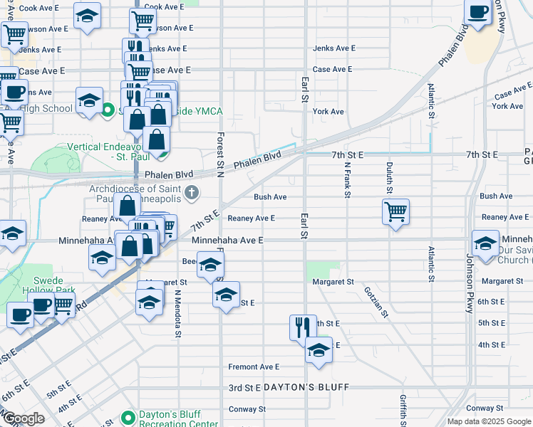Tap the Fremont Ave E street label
click(254, 367)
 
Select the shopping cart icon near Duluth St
click(395, 211)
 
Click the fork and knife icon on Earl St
click(303, 327)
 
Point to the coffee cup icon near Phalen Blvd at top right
click(478, 11)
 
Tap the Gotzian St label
click(375, 302)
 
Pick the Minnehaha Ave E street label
click(227, 241)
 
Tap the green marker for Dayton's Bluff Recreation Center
click(128, 417)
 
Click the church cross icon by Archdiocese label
click(190, 192)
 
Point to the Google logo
click(24, 418)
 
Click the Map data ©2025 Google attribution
click(488, 421)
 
